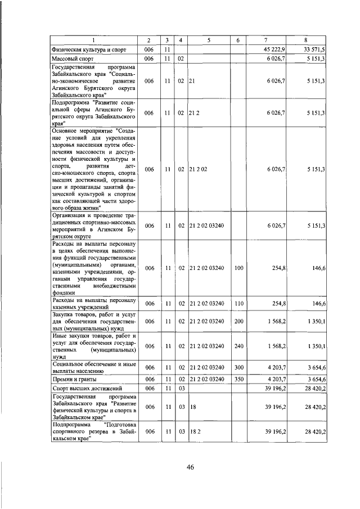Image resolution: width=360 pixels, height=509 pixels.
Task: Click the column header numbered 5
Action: [208, 40]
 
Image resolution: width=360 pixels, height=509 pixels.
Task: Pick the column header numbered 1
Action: [93, 40]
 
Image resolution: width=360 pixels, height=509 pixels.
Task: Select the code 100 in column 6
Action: [238, 269]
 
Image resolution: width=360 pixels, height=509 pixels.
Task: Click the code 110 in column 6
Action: [238, 304]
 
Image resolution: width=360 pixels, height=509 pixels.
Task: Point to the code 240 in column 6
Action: [238, 346]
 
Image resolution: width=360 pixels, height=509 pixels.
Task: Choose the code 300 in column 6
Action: [238, 368]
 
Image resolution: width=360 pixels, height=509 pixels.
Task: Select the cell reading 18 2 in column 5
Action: [195, 431]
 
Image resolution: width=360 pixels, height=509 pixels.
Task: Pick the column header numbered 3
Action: [167, 40]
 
